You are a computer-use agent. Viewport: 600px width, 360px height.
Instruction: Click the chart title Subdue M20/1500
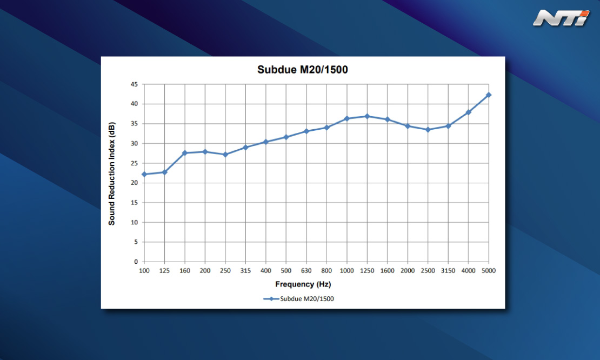tap(302, 70)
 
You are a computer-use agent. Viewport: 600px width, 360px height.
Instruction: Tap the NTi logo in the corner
tap(561, 18)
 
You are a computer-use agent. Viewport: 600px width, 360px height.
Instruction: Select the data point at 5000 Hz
tap(489, 95)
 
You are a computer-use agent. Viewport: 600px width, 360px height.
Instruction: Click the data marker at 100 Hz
tap(144, 174)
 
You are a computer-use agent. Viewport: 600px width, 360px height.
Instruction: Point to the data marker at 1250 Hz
tap(368, 116)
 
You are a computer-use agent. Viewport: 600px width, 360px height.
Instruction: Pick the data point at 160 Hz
tap(185, 153)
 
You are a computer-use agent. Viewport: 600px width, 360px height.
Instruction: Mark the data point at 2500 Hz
tap(428, 130)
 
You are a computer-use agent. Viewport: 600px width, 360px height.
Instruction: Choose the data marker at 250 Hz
tap(225, 155)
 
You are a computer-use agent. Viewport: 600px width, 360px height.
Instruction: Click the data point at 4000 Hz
tap(468, 112)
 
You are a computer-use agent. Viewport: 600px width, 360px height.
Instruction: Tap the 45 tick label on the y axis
tap(134, 84)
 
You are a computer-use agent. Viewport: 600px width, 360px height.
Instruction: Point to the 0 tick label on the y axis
tap(136, 262)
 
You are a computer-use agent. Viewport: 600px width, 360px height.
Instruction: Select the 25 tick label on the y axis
tap(134, 163)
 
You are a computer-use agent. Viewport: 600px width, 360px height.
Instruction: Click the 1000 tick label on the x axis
tap(346, 271)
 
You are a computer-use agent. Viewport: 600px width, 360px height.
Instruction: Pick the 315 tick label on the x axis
tap(245, 271)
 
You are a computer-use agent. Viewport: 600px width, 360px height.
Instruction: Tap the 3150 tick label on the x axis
tap(448, 271)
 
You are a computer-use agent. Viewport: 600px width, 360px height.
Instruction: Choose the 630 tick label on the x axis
tap(306, 271)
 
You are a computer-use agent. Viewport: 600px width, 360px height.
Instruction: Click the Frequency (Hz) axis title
tap(303, 284)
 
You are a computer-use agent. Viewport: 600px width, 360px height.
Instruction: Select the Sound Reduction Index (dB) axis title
tap(112, 174)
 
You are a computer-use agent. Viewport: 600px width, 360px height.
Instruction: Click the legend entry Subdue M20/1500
tap(298, 299)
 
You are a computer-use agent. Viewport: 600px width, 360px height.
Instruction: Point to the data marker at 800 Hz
tap(327, 128)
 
